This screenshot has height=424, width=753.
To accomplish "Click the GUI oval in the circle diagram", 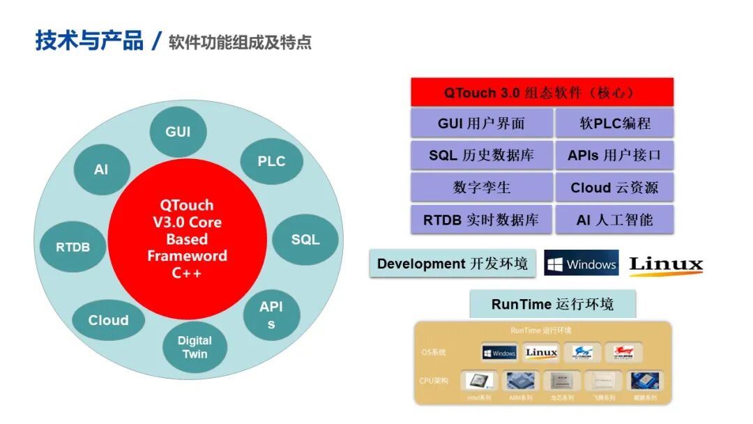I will click(178, 132).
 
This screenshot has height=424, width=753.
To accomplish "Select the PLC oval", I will click(271, 161).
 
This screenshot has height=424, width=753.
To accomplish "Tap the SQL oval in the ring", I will click(305, 239).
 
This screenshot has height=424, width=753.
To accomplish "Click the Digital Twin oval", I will click(195, 347).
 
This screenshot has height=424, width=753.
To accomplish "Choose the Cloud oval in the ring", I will click(108, 320).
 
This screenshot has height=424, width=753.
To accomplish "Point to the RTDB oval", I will click(73, 247).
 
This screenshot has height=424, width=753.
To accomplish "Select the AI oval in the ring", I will click(101, 169).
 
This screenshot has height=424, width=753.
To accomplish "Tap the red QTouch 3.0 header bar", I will click(542, 93).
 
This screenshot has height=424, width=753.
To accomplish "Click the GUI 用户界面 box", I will click(481, 123).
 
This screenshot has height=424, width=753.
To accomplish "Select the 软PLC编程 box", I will click(614, 123).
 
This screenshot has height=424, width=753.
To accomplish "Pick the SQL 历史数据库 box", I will click(481, 156).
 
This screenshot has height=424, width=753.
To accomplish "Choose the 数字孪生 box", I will click(481, 188).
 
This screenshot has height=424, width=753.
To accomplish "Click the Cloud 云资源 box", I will click(614, 188).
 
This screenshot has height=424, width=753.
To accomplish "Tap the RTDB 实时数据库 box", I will click(481, 220).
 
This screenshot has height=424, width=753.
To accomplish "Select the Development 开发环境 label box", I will click(452, 264).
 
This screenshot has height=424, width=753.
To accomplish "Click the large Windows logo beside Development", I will click(581, 264).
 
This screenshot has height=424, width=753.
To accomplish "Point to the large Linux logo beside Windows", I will click(666, 264).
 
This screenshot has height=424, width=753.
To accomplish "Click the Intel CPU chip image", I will click(478, 381).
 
